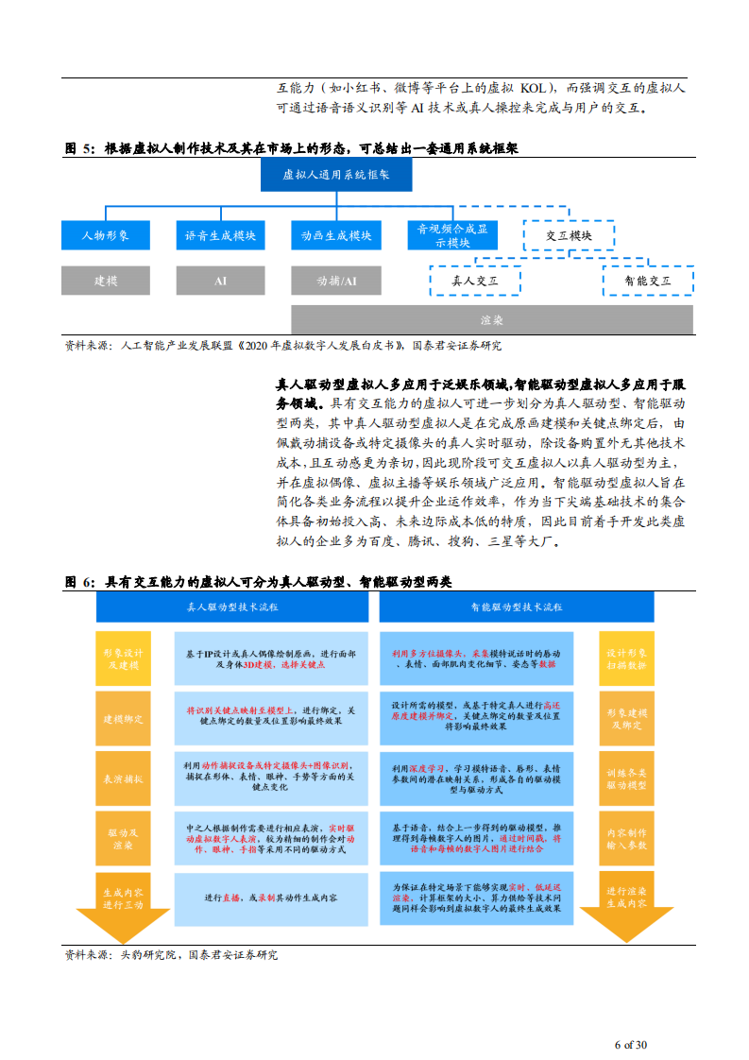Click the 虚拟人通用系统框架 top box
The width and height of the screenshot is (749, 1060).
[336, 175]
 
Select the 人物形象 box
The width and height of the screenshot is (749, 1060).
[105, 235]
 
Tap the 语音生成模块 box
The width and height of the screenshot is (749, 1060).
[220, 235]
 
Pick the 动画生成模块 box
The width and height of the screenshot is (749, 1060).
[336, 235]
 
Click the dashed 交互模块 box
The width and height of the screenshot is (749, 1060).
[569, 235]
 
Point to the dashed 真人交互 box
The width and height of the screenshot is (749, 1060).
[475, 281]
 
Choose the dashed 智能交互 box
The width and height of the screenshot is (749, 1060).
[648, 281]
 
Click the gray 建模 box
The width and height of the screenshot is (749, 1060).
[105, 281]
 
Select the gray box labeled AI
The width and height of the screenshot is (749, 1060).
[220, 281]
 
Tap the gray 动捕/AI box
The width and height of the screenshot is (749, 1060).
[336, 281]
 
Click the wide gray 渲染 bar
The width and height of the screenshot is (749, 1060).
[491, 319]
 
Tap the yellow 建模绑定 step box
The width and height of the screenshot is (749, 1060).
[124, 719]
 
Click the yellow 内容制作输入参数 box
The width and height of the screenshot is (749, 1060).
[626, 839]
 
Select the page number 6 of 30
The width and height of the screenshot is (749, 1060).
[630, 1044]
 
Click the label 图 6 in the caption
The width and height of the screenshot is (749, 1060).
[79, 583]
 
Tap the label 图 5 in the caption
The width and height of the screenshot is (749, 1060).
[79, 148]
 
